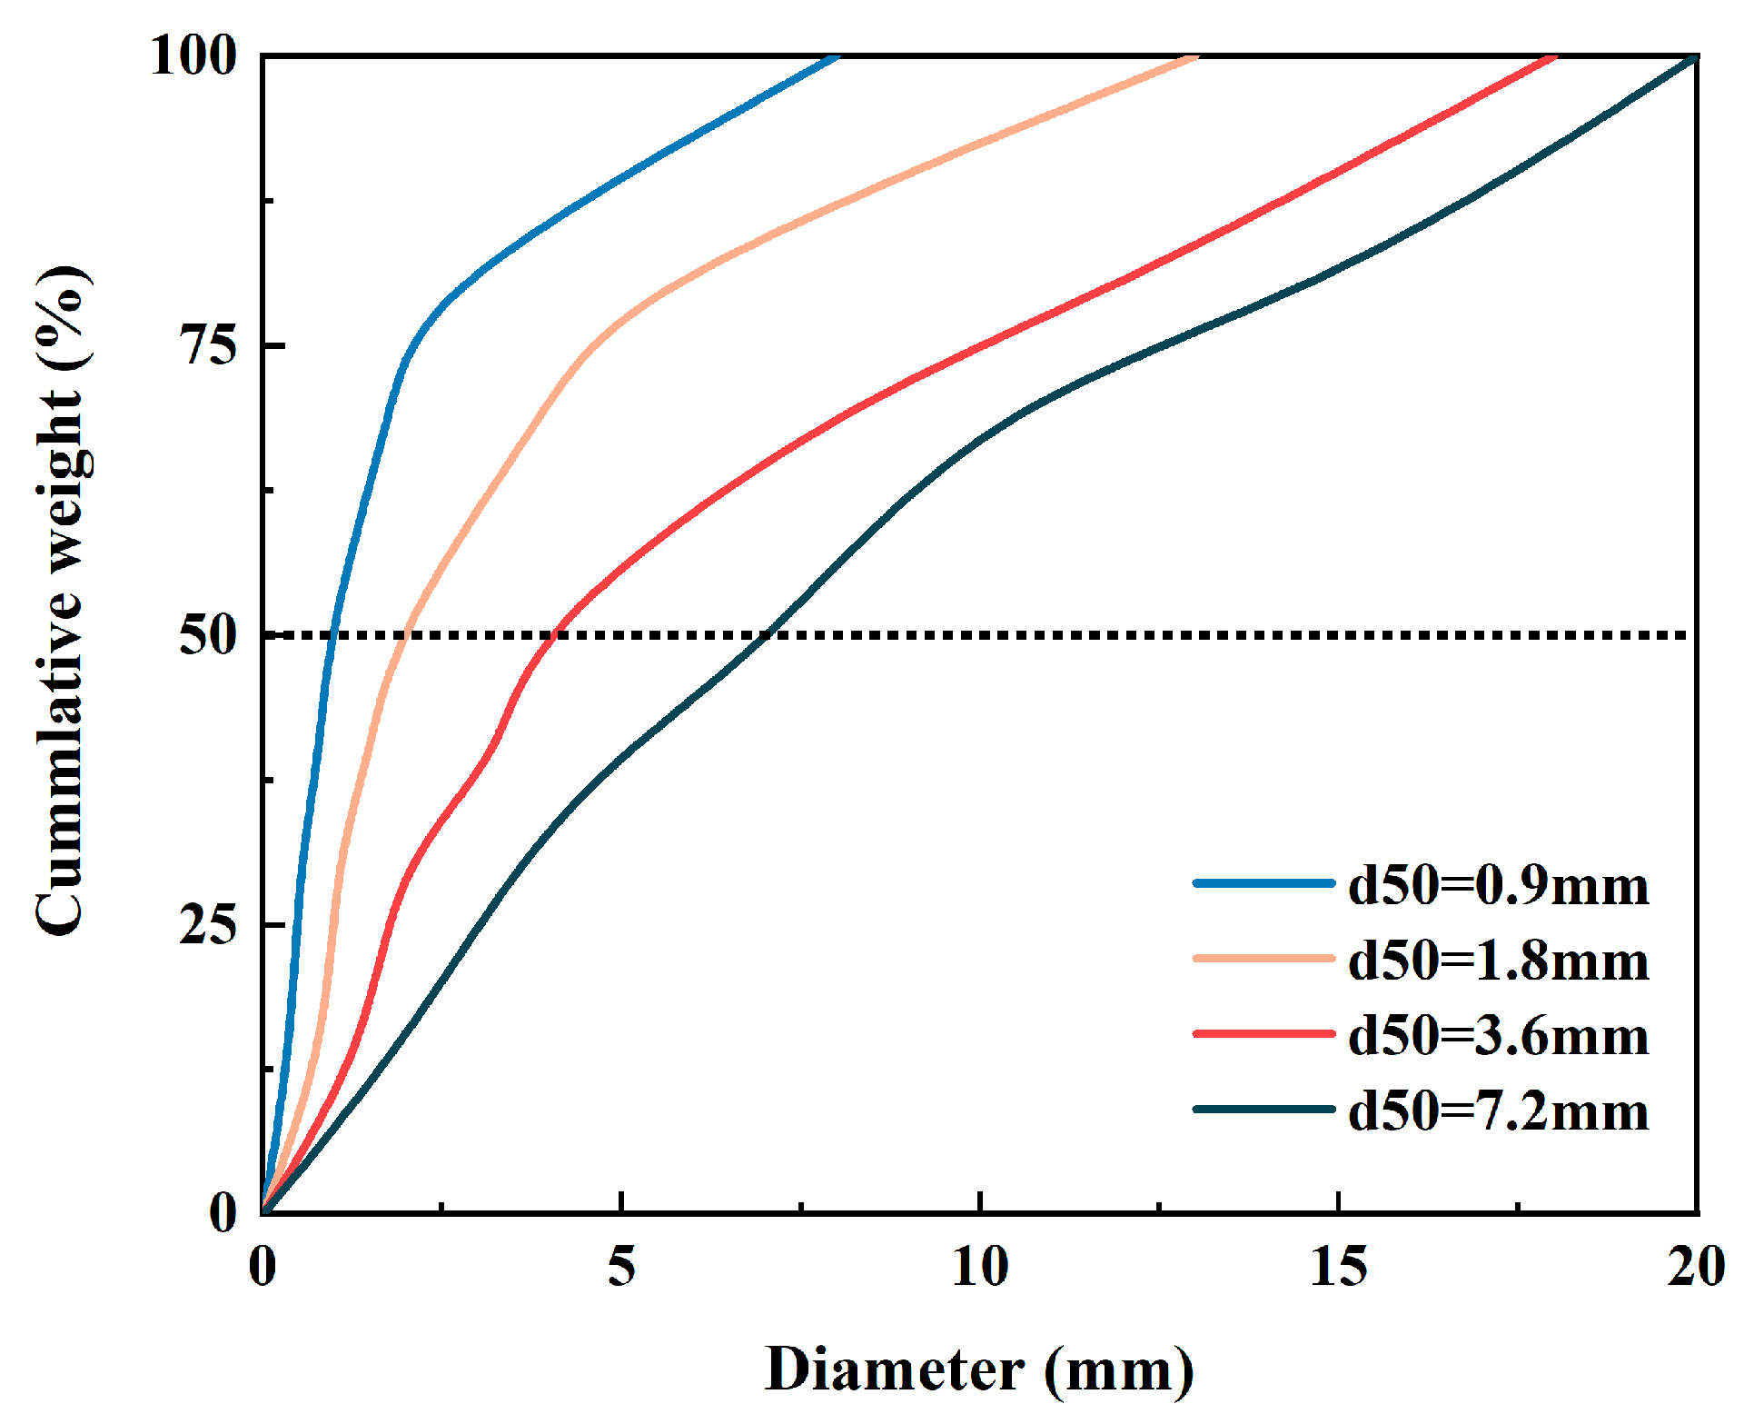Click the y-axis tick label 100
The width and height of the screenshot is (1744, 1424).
coord(193,55)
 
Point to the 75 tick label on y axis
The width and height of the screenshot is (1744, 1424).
coord(208,345)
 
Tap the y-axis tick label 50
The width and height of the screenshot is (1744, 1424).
coord(208,634)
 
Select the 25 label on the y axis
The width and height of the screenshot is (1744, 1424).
coord(208,924)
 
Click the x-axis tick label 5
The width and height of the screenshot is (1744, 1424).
coord(621,1265)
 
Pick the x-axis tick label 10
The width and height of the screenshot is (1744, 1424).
coord(979,1265)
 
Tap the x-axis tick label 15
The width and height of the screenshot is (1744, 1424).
coord(1338,1265)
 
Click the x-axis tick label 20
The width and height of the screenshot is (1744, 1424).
coord(1696,1265)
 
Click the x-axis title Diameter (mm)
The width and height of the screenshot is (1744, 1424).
coord(979,1369)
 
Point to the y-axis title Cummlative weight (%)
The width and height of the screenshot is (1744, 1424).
coord(62,600)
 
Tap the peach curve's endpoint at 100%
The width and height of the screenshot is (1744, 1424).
coord(1195,57)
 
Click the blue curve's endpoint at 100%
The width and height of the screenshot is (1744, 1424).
coord(837,57)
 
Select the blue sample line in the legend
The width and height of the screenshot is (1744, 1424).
coord(1263,882)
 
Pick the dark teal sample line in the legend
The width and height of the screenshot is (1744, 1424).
coord(1263,1109)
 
